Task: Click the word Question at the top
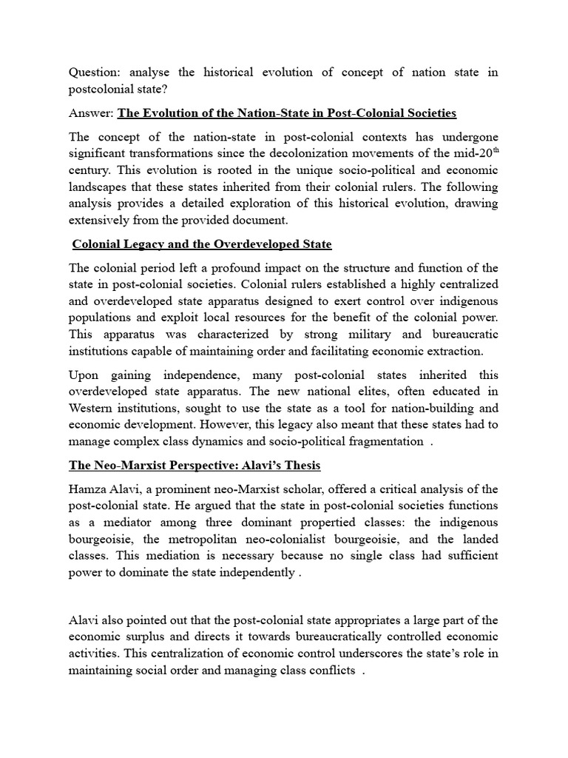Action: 95,73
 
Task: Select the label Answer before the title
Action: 91,113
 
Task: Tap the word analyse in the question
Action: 152,73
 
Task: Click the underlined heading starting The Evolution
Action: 287,113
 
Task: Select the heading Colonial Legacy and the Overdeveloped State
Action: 202,244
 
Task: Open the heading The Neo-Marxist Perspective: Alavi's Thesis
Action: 195,466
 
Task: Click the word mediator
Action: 118,523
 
